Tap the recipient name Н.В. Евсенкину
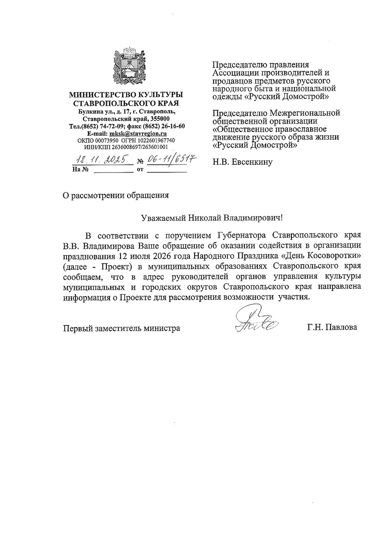(242, 162)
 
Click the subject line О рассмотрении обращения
(116, 195)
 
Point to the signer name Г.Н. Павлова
(332, 327)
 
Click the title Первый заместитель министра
(121, 328)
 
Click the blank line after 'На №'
(112, 170)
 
